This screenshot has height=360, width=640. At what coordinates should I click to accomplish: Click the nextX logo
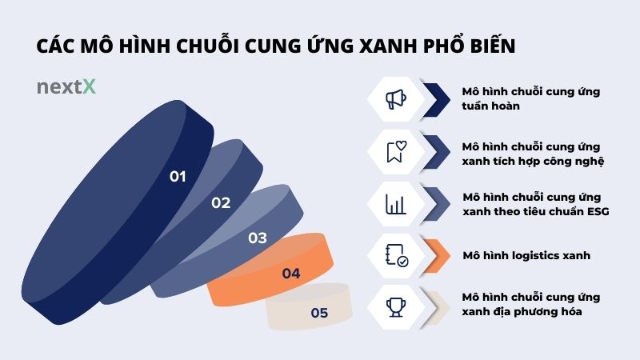point(66,87)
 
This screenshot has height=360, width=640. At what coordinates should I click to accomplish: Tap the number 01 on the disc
point(178,176)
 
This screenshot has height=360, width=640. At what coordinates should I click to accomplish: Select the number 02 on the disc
point(221,202)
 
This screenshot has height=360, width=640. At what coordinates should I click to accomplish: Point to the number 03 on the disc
point(257,238)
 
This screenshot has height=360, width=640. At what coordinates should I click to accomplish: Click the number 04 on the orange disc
point(290,274)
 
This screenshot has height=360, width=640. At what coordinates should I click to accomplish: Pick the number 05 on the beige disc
point(319,313)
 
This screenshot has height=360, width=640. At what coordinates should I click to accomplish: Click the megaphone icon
point(395,99)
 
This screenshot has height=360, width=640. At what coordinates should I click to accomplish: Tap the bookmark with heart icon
point(395,151)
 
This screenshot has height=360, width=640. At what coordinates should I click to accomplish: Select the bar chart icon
point(395,203)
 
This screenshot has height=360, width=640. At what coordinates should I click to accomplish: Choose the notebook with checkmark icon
point(395,255)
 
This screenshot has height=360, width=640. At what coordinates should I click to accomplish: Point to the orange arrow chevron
point(437,255)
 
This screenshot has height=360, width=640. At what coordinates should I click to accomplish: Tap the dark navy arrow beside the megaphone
point(437,99)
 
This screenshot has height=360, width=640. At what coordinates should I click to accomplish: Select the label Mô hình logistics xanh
point(526,256)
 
